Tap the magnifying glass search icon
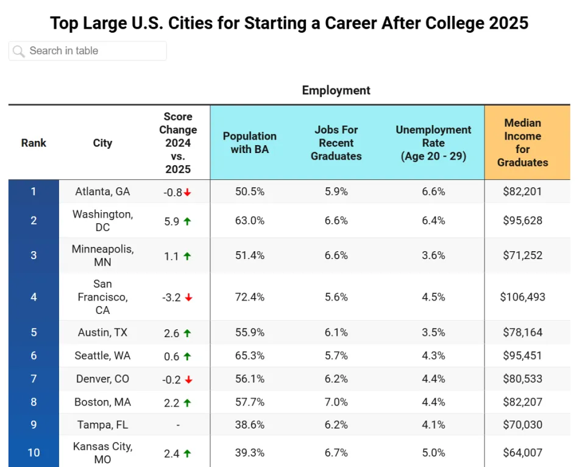(19, 51)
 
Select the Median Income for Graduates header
(522, 143)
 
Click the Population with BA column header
(249, 143)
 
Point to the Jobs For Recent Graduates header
(336, 143)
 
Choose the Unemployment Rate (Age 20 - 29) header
(433, 143)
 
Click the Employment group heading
(336, 90)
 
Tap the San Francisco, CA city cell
(102, 297)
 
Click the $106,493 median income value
(522, 297)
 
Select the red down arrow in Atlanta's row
(188, 192)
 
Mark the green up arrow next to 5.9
(187, 221)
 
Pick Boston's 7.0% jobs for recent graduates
(336, 402)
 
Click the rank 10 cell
(34, 452)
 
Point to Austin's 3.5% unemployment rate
(433, 332)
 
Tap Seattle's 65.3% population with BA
(249, 355)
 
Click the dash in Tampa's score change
(177, 425)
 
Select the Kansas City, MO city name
(102, 452)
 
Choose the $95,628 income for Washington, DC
(522, 221)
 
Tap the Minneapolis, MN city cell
(102, 255)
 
